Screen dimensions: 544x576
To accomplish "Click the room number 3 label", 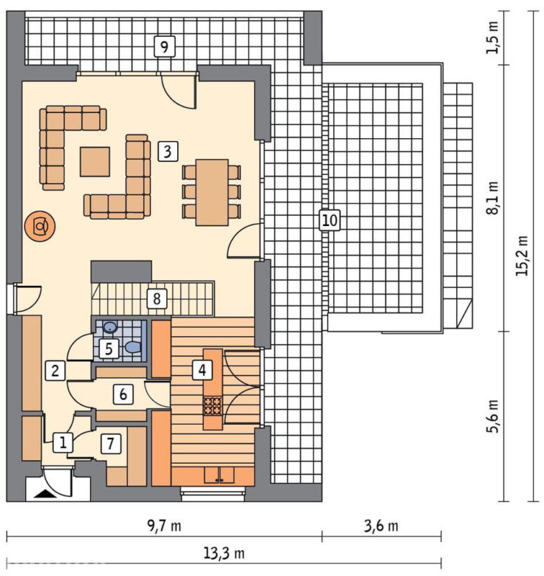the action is pos(168,151).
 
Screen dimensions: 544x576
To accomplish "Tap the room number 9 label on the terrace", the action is pos(164,47).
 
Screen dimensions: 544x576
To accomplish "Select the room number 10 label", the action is pos(330,220).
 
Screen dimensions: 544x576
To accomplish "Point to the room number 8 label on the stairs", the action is pos(157,298).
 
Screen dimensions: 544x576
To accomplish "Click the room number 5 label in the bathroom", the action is pos(109,349).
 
